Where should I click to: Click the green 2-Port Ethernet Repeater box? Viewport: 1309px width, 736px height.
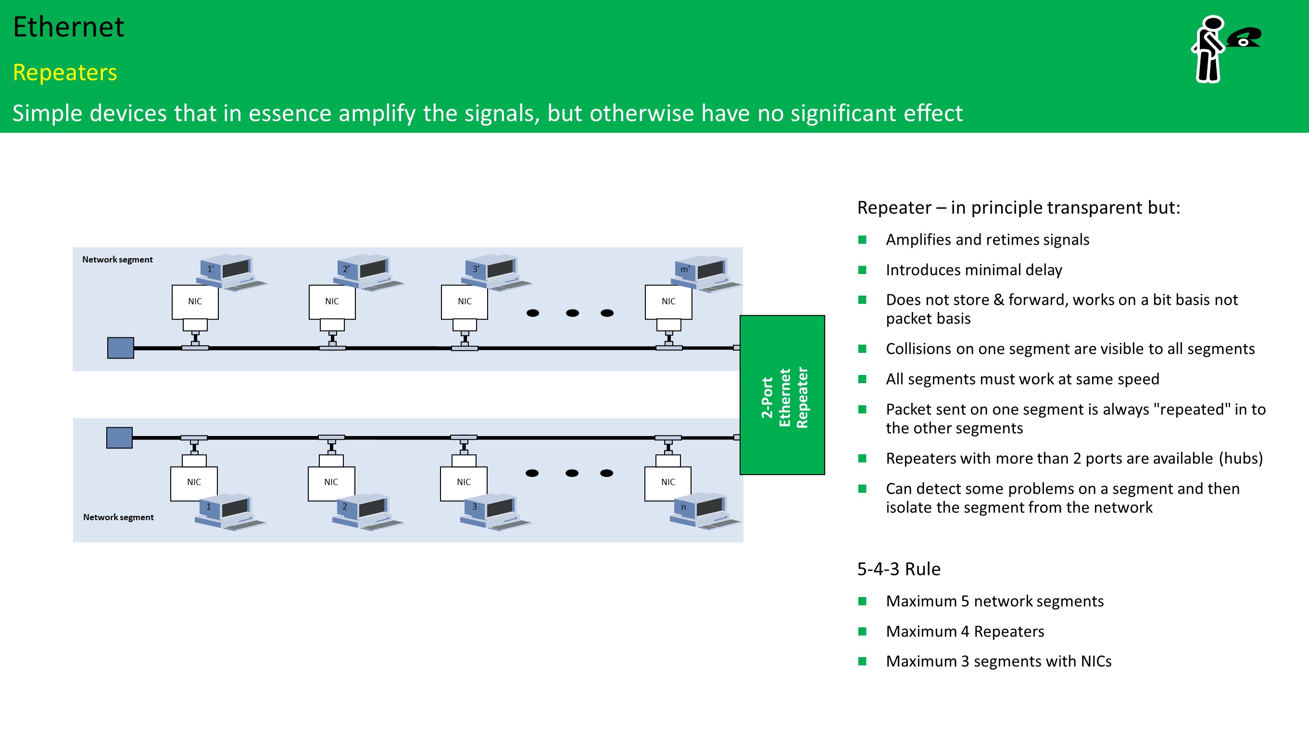(781, 395)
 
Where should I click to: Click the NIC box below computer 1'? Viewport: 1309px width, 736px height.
(195, 301)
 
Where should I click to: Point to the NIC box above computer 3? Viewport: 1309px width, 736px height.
(464, 482)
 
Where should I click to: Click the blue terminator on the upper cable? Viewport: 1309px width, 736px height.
(120, 348)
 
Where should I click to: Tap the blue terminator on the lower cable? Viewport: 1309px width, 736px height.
(119, 437)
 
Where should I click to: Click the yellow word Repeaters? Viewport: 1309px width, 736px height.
(65, 72)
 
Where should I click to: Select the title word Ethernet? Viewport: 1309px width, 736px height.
(68, 27)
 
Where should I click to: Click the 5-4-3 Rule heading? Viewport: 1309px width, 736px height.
(898, 569)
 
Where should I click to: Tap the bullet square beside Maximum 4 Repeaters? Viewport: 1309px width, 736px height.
(862, 631)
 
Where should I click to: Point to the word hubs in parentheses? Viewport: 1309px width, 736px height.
(1240, 458)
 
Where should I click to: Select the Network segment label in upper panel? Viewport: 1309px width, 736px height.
(117, 260)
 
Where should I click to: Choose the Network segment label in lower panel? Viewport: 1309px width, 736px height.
(118, 517)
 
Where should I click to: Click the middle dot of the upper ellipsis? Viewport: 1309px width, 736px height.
(572, 313)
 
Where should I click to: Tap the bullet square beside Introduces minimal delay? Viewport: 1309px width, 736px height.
(862, 270)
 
